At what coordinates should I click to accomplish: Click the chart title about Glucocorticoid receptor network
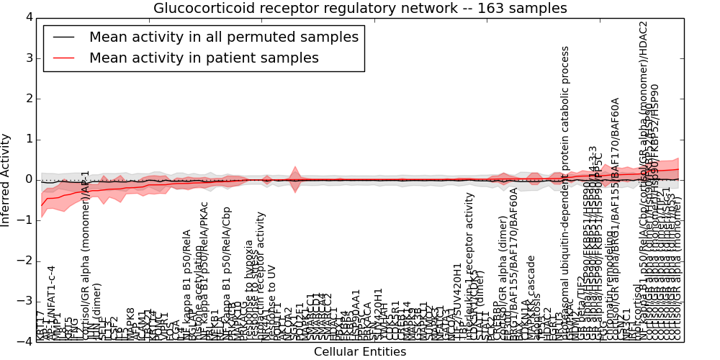click(x=360, y=8)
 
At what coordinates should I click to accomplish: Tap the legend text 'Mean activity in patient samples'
click(x=204, y=58)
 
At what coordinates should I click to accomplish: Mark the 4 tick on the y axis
click(x=28, y=17)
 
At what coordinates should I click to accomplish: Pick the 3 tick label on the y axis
click(x=28, y=58)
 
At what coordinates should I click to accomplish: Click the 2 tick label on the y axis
click(x=28, y=98)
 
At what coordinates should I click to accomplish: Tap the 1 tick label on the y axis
click(x=28, y=139)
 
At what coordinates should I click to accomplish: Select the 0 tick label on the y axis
click(x=28, y=179)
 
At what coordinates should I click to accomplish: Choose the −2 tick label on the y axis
click(x=26, y=261)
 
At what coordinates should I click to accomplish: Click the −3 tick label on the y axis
click(x=26, y=301)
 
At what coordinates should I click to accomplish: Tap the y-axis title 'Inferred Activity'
click(x=6, y=179)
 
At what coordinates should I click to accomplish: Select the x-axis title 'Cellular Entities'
click(x=360, y=351)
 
